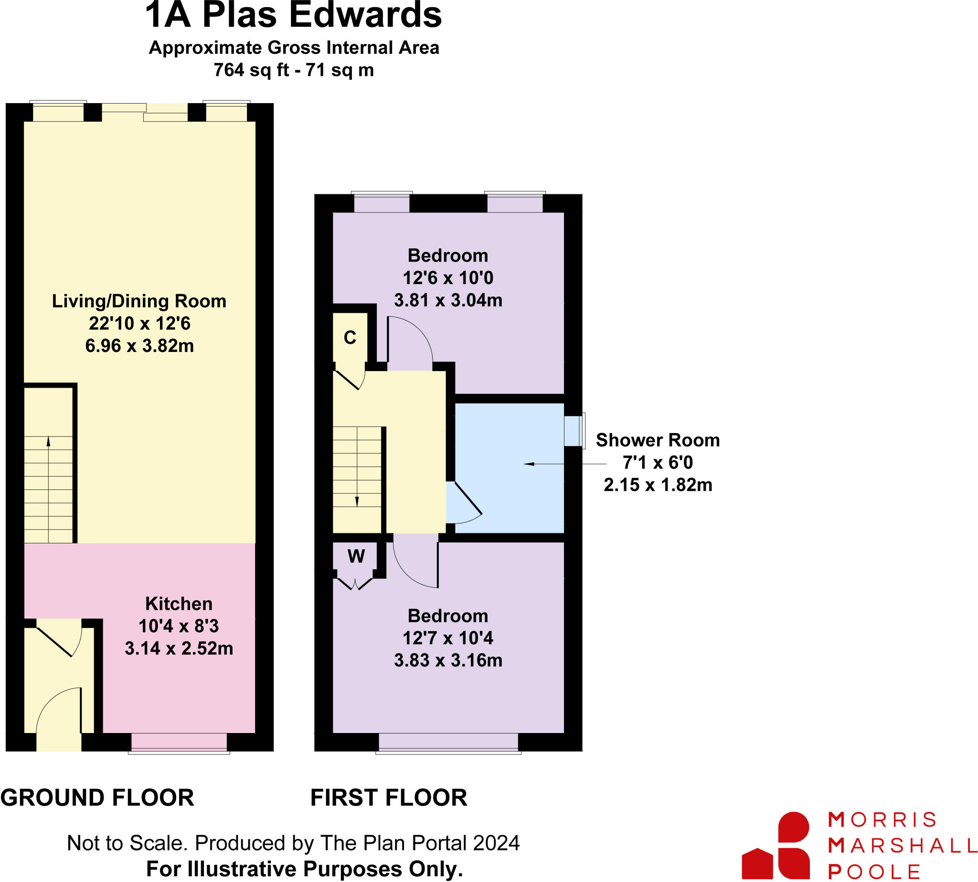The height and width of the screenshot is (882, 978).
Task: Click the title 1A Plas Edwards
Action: point(293,15)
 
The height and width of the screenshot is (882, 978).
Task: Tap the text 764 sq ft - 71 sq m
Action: point(293,70)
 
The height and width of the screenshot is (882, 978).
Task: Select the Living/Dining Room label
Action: point(139,301)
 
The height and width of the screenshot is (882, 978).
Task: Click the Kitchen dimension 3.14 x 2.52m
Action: point(179,648)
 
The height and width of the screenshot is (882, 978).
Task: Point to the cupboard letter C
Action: point(350,337)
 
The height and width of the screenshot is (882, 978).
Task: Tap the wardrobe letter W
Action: point(356,556)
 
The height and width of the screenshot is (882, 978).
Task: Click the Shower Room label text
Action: point(657,440)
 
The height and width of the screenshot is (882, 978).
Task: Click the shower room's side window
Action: point(574,431)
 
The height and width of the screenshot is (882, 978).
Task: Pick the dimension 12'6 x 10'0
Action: point(448,278)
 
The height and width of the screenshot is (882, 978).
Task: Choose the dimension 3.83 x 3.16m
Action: point(448,660)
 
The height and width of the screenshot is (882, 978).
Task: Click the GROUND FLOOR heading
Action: point(97,797)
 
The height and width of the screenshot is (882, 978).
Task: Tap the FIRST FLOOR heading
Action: point(389,797)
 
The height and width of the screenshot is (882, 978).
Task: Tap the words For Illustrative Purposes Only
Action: point(304,869)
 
